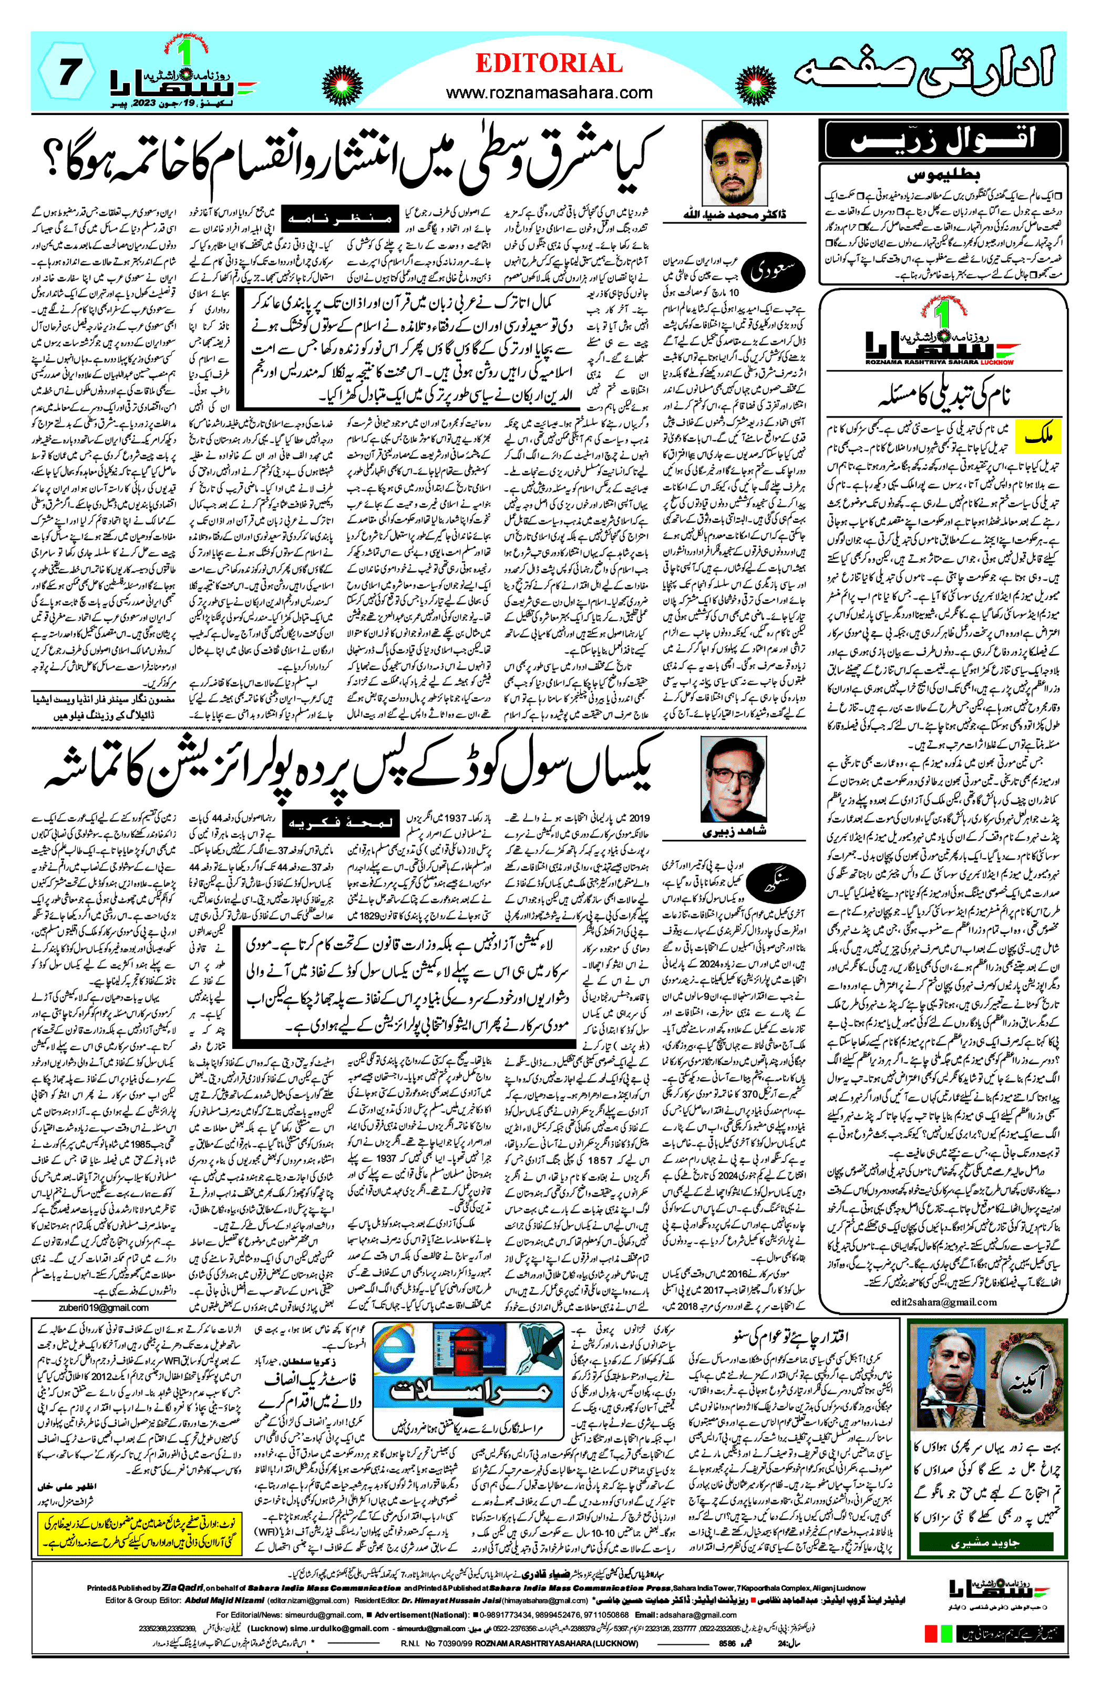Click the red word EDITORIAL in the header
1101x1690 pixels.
pyautogui.click(x=549, y=64)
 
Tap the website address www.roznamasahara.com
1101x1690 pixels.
pyautogui.click(x=549, y=92)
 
